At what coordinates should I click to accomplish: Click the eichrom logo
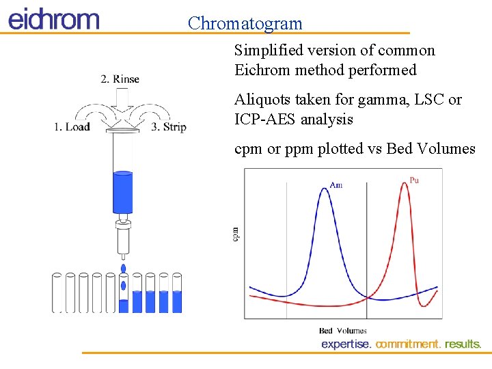pos(53,18)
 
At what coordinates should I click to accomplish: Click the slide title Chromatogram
pos(245,23)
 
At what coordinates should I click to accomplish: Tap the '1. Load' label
pos(72,127)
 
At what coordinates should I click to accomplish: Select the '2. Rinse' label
pos(120,79)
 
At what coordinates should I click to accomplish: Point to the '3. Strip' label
pos(169,127)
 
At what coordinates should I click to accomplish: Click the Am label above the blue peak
pos(336,185)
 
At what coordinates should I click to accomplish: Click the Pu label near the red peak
pos(414,180)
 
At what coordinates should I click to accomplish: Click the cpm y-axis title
pos(236,234)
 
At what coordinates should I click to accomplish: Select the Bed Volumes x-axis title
pos(342,331)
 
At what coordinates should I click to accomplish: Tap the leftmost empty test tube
pos(57,292)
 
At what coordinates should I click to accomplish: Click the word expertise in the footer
pos(346,344)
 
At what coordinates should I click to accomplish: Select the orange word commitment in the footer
pos(408,344)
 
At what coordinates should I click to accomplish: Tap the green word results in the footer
pos(463,344)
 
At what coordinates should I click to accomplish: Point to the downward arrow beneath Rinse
pos(123,104)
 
